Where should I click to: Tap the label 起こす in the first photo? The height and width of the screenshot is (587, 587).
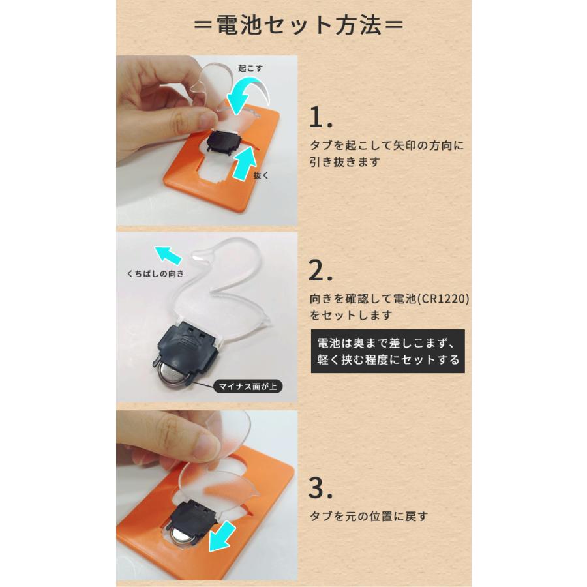click(x=250, y=67)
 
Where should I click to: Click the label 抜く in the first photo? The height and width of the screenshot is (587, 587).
click(x=260, y=175)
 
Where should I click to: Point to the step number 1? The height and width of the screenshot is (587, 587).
click(x=320, y=118)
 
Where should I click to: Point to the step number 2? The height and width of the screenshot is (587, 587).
click(x=322, y=269)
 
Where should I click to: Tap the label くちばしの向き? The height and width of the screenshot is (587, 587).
click(x=156, y=274)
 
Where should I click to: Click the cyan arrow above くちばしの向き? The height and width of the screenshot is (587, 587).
click(x=168, y=255)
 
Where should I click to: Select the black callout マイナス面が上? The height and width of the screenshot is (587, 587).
click(x=246, y=386)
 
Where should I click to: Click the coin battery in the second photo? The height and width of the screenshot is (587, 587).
click(x=175, y=379)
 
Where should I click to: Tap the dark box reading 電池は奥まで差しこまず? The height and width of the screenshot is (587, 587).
click(x=387, y=352)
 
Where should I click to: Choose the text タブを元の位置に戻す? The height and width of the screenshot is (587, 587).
click(x=369, y=517)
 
